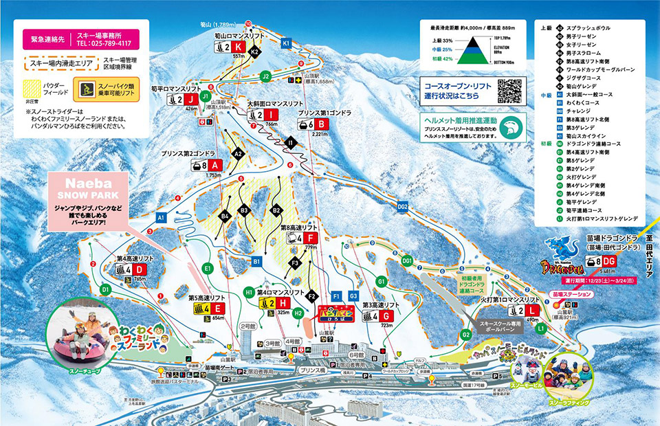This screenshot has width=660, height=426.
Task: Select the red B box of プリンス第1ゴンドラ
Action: pos(323,124)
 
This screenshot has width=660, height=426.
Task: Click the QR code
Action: pos(509,91)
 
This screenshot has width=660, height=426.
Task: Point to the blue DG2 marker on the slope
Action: pos(402,206)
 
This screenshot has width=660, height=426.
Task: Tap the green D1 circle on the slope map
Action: pos(106,290)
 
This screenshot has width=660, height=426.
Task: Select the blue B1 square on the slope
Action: pos(256,262)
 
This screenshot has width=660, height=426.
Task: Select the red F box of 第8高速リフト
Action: pos(313,238)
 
